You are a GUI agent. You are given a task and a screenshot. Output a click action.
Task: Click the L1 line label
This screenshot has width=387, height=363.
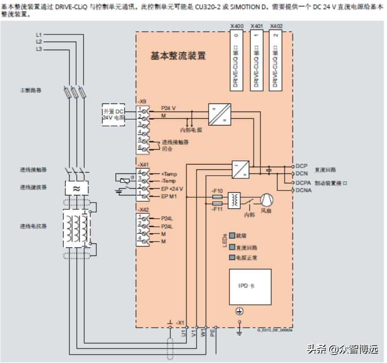pyautogui.click(x=39, y=35)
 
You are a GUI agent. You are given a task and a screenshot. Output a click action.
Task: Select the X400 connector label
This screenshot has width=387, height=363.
pyautogui.click(x=237, y=26)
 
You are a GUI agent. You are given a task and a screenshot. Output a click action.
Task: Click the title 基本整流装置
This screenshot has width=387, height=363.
pyautogui.click(x=178, y=56)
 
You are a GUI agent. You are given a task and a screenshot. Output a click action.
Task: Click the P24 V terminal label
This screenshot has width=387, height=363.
pyautogui.click(x=169, y=108)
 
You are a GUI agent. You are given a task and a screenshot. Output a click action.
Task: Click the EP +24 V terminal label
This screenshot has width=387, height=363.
pyautogui.click(x=173, y=189)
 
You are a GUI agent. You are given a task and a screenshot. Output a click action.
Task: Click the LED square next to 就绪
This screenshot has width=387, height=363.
pyautogui.click(x=232, y=235)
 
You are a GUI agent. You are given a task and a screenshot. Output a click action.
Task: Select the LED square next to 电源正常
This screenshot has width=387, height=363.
pyautogui.click(x=232, y=258)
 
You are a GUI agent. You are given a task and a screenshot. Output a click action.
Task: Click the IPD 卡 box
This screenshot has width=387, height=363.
pyautogui.click(x=250, y=286)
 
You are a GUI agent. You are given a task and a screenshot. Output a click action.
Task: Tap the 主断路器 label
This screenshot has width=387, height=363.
pyautogui.click(x=30, y=90)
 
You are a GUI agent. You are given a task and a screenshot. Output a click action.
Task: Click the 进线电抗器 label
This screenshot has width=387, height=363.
pyautogui.click(x=33, y=226)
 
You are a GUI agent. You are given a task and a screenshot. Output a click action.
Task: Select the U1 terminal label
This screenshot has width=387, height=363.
pyautogui.click(x=183, y=333)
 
